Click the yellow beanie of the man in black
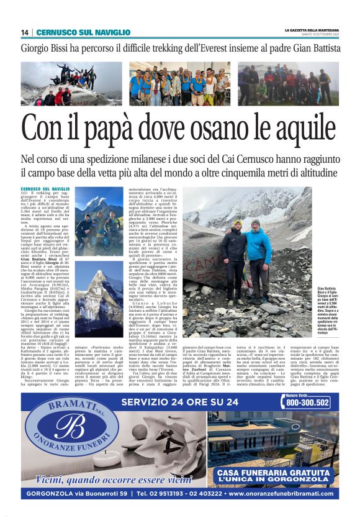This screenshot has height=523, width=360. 238,222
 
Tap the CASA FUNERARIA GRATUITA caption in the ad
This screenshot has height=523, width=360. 274,474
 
